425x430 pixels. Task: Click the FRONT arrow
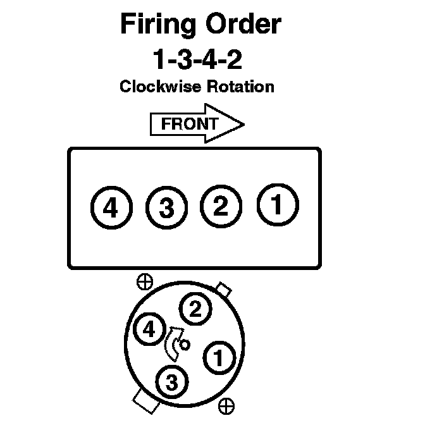[196, 124]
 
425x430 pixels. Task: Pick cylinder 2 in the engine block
[220, 207]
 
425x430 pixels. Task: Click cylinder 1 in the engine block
[277, 204]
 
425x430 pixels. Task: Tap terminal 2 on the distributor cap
[195, 309]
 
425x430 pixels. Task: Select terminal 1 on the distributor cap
[218, 358]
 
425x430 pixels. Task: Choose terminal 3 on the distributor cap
[171, 382]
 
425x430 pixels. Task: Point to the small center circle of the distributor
[185, 345]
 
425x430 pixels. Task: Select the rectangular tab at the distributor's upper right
[223, 290]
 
